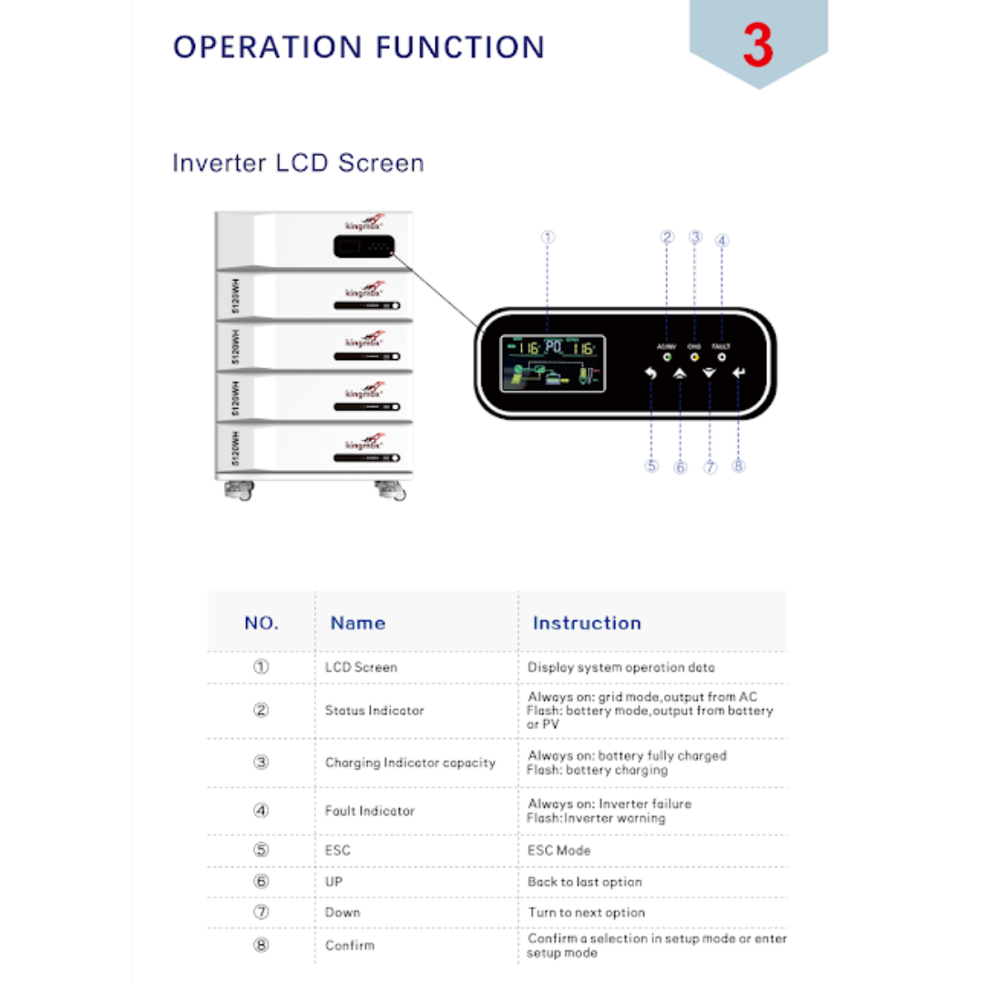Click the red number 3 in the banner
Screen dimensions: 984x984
click(x=758, y=45)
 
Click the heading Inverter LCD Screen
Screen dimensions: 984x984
click(x=298, y=163)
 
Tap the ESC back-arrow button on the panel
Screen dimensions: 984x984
click(x=651, y=373)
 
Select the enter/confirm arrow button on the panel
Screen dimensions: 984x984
click(x=737, y=373)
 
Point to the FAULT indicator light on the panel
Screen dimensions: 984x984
click(x=722, y=357)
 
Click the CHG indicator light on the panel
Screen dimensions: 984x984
click(x=694, y=357)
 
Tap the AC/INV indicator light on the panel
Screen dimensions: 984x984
click(x=666, y=357)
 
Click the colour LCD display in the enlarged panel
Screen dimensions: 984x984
click(x=552, y=362)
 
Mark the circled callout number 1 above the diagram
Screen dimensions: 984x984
click(x=548, y=237)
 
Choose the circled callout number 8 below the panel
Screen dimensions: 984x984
click(x=738, y=466)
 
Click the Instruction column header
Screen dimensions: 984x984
click(x=587, y=623)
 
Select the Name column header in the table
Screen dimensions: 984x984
click(x=357, y=623)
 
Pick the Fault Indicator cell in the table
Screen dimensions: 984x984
click(x=370, y=811)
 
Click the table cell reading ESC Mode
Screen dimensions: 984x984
click(x=559, y=850)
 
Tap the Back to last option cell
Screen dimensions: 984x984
click(x=585, y=882)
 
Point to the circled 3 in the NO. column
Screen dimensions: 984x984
click(x=261, y=763)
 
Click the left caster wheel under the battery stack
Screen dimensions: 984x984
click(x=240, y=491)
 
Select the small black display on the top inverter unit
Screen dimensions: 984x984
click(x=363, y=247)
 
